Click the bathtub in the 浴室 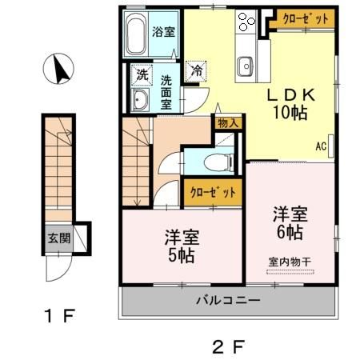[x=136, y=34]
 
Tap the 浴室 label [x=163, y=32]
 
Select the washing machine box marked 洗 [x=142, y=74]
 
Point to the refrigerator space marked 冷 [x=197, y=70]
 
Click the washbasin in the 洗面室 [x=140, y=99]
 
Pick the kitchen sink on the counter [x=246, y=66]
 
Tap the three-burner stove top [x=246, y=22]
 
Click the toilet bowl [x=219, y=162]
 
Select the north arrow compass [x=58, y=69]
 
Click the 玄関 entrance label [x=59, y=238]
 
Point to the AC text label [x=321, y=146]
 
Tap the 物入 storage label [x=228, y=123]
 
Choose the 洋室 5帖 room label [x=182, y=246]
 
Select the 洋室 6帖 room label [x=290, y=222]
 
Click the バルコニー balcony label [x=228, y=301]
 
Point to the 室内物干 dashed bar [x=290, y=272]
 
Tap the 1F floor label [x=60, y=315]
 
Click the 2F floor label [x=228, y=346]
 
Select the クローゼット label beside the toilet [x=213, y=192]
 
